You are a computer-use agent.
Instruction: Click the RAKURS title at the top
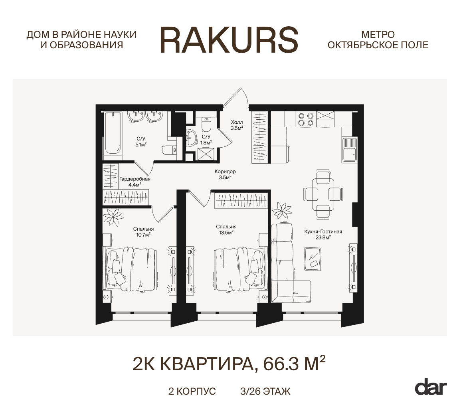229,40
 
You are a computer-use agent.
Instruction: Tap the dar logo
431,387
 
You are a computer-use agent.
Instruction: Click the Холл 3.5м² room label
237,125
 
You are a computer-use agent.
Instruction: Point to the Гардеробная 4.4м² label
135,182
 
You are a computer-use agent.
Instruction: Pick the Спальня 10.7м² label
143,232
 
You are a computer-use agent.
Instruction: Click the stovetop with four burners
305,119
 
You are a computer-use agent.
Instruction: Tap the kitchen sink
349,150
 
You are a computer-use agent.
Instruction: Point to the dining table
323,194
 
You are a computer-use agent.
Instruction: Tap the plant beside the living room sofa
282,210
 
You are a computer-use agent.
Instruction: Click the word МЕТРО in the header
378,35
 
